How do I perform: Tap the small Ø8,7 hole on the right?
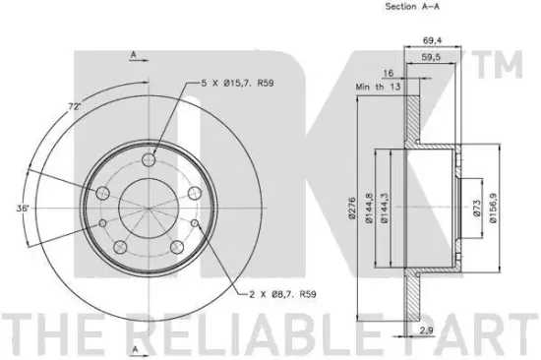(x=194, y=224)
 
